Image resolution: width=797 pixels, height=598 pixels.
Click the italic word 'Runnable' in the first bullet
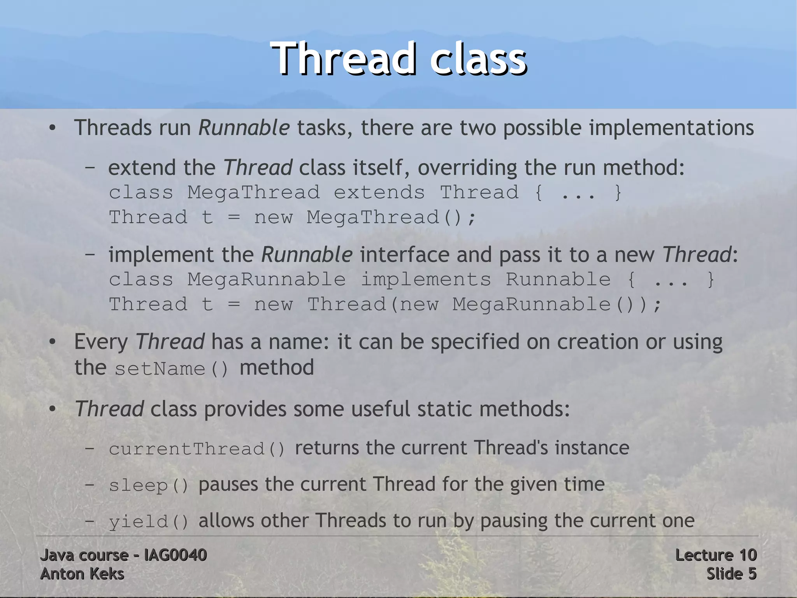(x=244, y=128)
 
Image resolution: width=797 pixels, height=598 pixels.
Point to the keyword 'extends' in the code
(x=379, y=192)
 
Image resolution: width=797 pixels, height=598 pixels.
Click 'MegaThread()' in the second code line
(x=391, y=217)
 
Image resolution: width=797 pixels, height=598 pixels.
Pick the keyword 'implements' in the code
(x=426, y=280)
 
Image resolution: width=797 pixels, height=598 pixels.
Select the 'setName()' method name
(x=172, y=369)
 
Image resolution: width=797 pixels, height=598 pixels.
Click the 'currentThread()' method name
(x=197, y=449)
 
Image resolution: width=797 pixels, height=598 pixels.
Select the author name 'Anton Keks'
(x=82, y=574)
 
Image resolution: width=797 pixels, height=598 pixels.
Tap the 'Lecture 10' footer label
(x=716, y=555)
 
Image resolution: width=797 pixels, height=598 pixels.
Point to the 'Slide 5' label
(x=731, y=574)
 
